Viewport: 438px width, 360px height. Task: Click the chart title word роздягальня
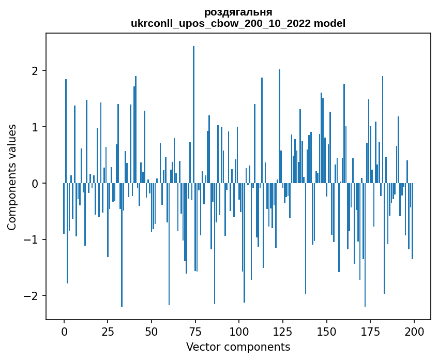point(238,12)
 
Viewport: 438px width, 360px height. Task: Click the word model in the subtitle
point(332,23)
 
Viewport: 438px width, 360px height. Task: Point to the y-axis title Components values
point(12,177)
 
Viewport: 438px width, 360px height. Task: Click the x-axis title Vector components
point(238,347)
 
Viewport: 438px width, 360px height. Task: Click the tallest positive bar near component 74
point(193,114)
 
